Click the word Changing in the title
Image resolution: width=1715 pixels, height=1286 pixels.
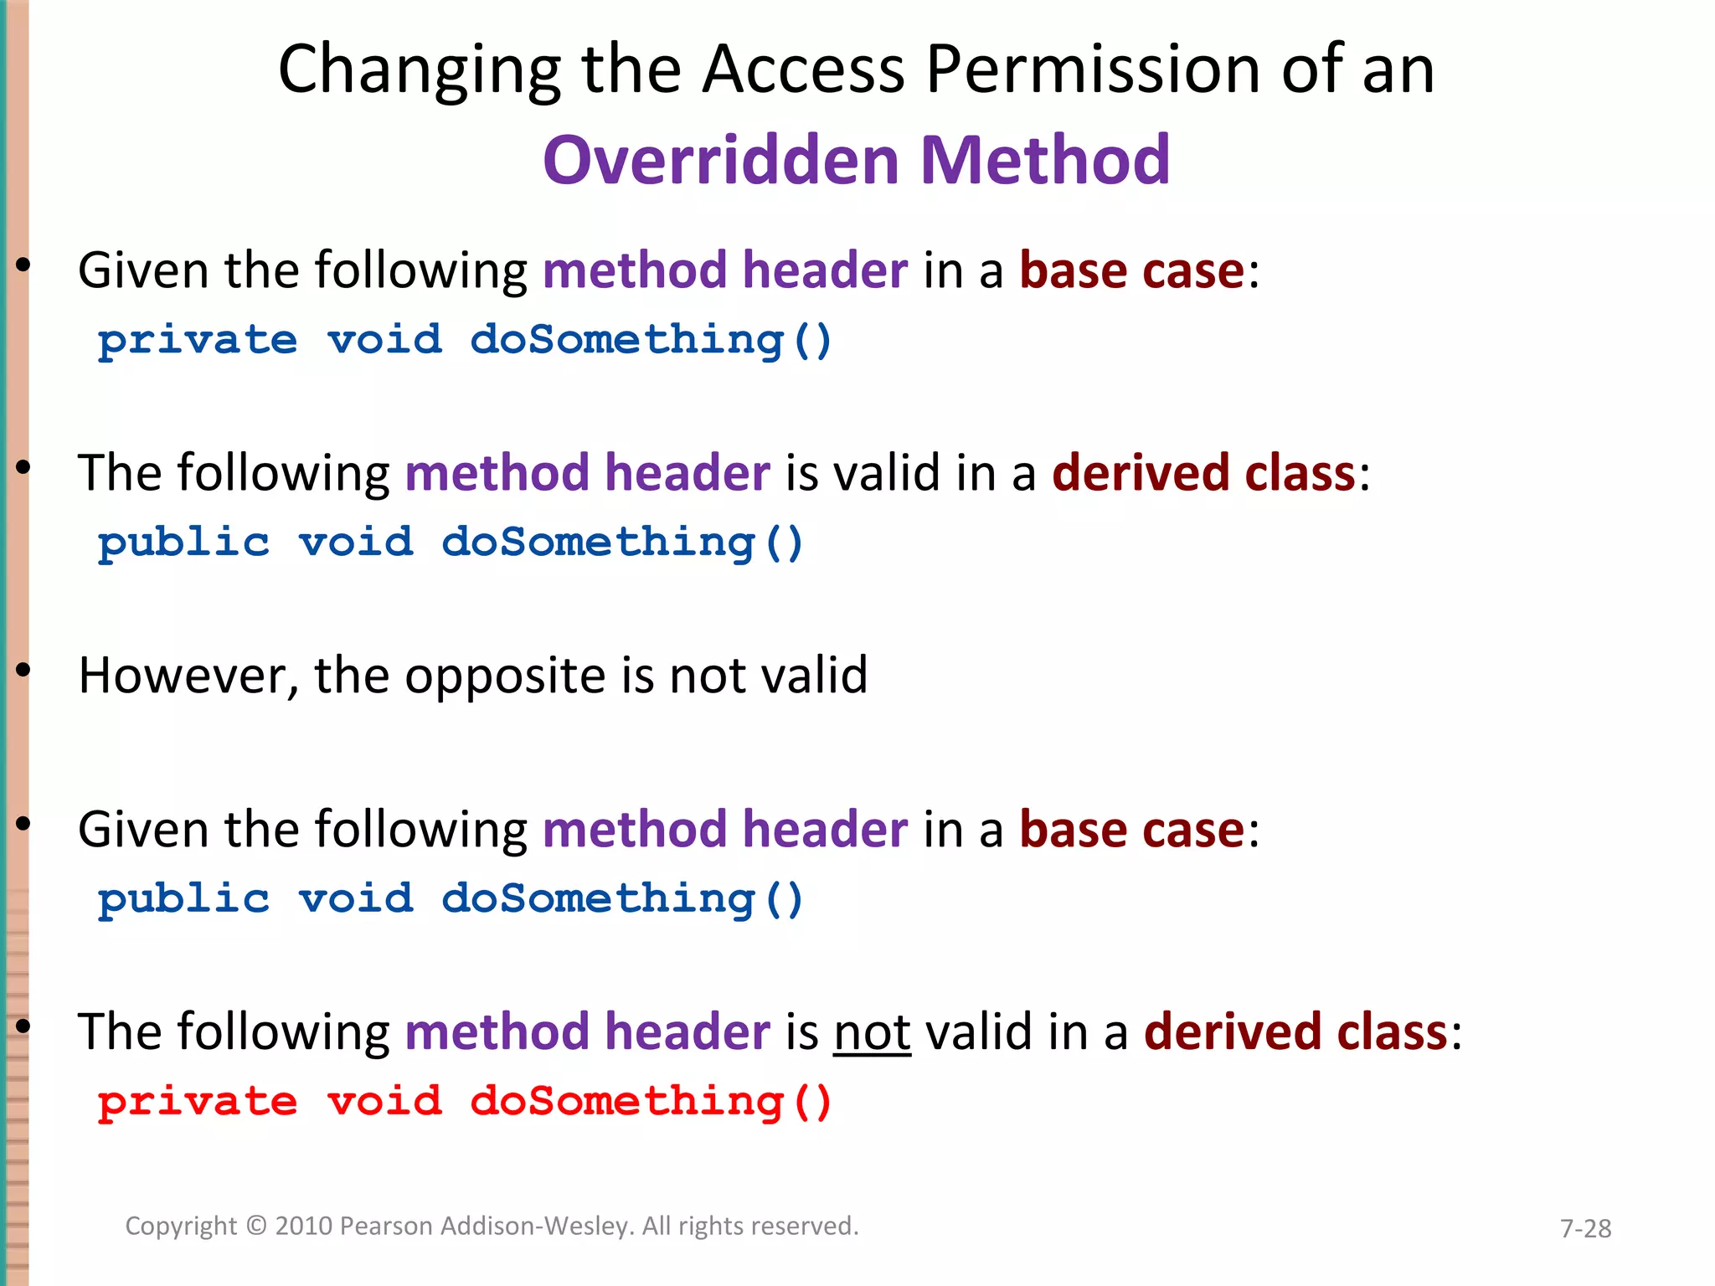419,71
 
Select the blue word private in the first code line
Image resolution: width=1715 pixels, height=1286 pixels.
198,341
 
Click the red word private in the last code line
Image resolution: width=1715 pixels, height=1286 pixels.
198,1101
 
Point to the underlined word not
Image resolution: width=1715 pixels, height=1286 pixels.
872,1031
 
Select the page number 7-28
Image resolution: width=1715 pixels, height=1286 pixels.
1585,1228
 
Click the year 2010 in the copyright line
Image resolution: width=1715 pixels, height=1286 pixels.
305,1226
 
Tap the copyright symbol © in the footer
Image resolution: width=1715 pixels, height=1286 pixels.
256,1226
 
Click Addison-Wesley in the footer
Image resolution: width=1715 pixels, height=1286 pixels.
536,1226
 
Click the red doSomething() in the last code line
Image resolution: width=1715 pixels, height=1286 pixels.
651,1101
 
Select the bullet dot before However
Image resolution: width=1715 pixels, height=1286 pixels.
23,669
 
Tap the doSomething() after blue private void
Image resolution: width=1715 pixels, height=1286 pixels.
651,341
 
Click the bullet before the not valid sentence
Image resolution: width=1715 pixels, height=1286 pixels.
23,1025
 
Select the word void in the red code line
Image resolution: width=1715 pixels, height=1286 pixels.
384,1101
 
